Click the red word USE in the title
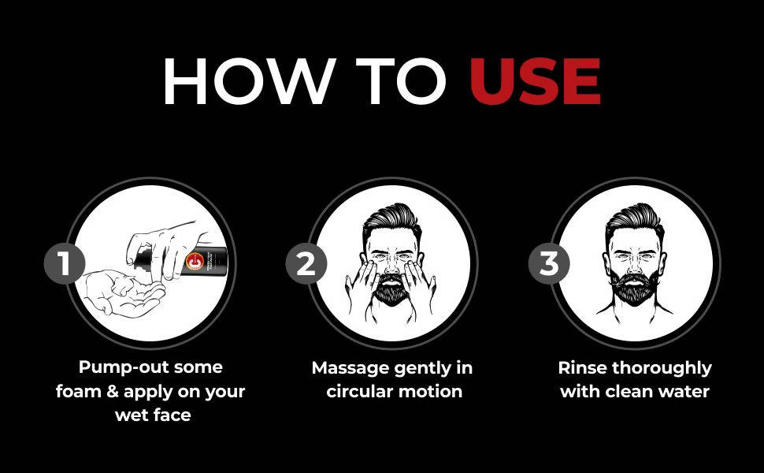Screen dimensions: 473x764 pos(535,82)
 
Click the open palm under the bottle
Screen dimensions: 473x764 pos(126,290)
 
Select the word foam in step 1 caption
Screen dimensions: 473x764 pos(80,391)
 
